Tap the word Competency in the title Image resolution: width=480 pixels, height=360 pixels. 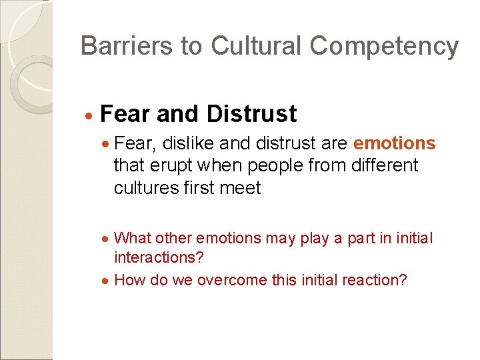(x=384, y=47)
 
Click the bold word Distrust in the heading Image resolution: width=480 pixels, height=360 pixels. (x=252, y=114)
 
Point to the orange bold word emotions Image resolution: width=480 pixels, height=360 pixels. (x=395, y=143)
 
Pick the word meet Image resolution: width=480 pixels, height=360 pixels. (x=239, y=187)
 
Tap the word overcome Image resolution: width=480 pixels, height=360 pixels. (x=223, y=280)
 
